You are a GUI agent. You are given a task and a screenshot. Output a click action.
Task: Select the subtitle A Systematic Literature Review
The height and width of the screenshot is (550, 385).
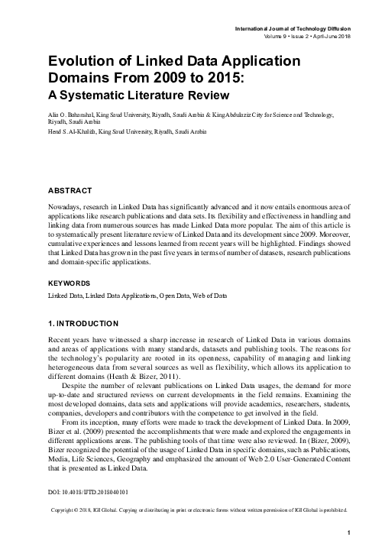135,95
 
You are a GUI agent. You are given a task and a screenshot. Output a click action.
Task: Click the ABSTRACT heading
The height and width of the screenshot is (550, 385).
70,189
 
